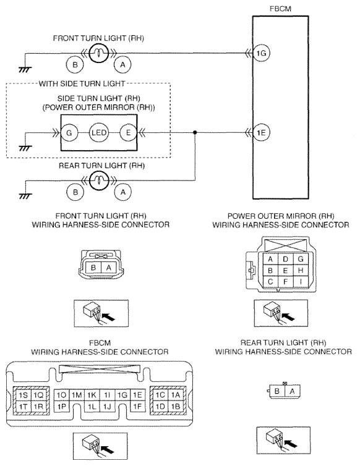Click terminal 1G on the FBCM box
261,53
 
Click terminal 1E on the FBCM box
261,132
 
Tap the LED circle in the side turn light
99,132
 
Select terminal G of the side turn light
69,132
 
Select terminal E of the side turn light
128,132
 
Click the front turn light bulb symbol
98,53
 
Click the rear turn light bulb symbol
98,180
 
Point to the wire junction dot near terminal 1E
195,132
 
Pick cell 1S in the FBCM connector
24,395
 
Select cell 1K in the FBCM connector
92,395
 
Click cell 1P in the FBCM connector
62,406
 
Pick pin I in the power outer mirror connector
301,281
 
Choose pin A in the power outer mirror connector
270,259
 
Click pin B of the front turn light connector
93,268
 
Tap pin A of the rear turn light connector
292,391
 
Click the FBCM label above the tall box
280,9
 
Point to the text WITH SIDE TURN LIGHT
82,83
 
